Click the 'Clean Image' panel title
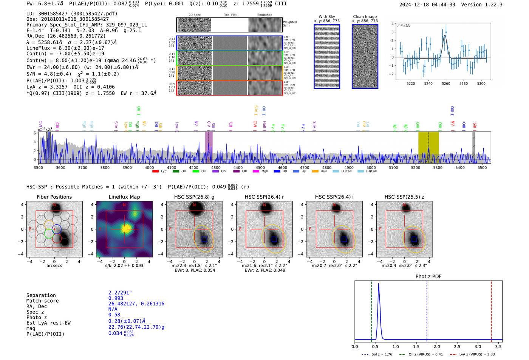365,17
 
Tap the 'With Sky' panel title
327,17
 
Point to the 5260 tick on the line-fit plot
446,83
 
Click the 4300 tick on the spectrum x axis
216,167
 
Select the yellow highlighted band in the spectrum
428,147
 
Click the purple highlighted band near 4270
209,147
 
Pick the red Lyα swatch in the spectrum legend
155,172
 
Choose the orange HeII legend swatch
315,172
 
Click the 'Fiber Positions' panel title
54,197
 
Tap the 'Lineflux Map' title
124,197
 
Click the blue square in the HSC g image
204,240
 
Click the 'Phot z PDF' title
428,276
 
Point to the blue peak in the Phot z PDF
379,284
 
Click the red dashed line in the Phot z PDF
491,310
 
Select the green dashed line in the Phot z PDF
371,310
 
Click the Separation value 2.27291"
120,293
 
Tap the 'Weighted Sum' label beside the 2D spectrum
289,24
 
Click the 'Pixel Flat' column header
230,15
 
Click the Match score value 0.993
116,298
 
